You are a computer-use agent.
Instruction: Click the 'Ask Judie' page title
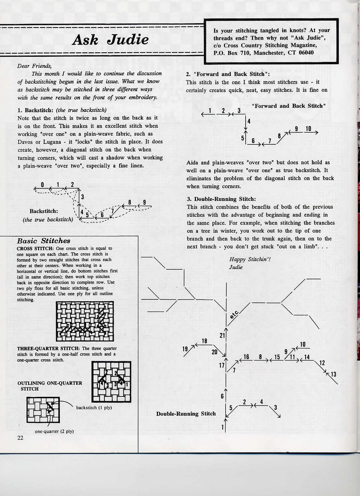[110, 40]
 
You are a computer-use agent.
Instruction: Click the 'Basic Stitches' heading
[44, 241]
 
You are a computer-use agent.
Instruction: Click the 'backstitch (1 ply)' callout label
[94, 408]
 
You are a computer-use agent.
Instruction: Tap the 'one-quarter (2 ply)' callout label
[54, 431]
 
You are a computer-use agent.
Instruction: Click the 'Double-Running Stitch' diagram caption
[186, 414]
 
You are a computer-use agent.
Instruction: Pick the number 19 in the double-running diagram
[185, 349]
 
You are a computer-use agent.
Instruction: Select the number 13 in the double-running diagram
[333, 374]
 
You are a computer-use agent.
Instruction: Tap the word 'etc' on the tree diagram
[234, 315]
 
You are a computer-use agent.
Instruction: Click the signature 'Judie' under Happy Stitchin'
[236, 267]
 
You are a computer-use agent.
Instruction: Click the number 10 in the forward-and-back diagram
[308, 129]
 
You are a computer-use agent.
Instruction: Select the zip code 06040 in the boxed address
[306, 53]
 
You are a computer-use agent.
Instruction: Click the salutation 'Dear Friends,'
[34, 66]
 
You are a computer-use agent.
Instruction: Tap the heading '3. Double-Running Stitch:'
[221, 199]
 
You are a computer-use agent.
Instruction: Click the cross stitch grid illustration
[85, 321]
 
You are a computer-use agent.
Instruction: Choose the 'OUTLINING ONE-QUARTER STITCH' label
[50, 386]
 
